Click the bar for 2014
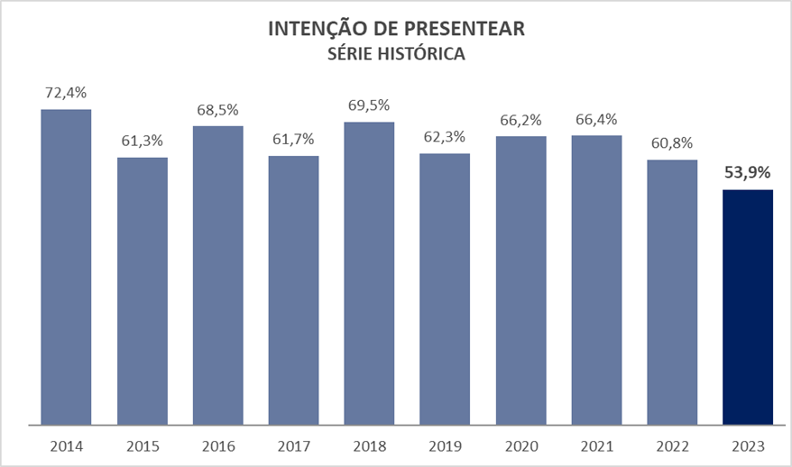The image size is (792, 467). (x=66, y=266)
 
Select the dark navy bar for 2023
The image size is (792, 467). (x=748, y=307)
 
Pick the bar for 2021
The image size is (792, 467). (x=596, y=279)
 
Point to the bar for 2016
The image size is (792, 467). (x=217, y=274)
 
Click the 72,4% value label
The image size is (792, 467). (x=66, y=93)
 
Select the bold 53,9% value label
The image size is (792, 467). (x=748, y=173)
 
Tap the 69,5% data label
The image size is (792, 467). (x=369, y=105)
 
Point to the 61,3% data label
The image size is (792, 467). (x=142, y=141)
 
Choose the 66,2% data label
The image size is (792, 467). (x=520, y=119)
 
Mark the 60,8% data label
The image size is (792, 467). (x=672, y=143)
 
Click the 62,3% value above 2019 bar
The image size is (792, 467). (x=445, y=137)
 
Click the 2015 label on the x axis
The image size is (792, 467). (x=142, y=446)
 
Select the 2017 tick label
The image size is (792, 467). (x=293, y=446)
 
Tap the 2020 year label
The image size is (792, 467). (x=520, y=446)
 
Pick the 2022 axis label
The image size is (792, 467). (x=672, y=446)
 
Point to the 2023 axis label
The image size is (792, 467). (x=748, y=446)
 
